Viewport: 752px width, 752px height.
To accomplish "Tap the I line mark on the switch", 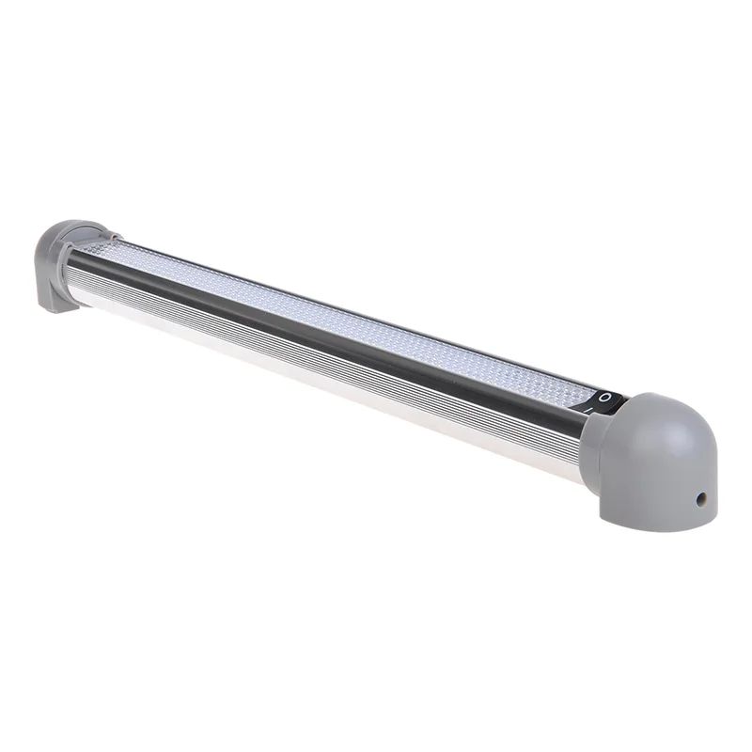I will coord(588,409).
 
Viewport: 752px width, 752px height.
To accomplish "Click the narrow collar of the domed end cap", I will coord(591,442).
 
